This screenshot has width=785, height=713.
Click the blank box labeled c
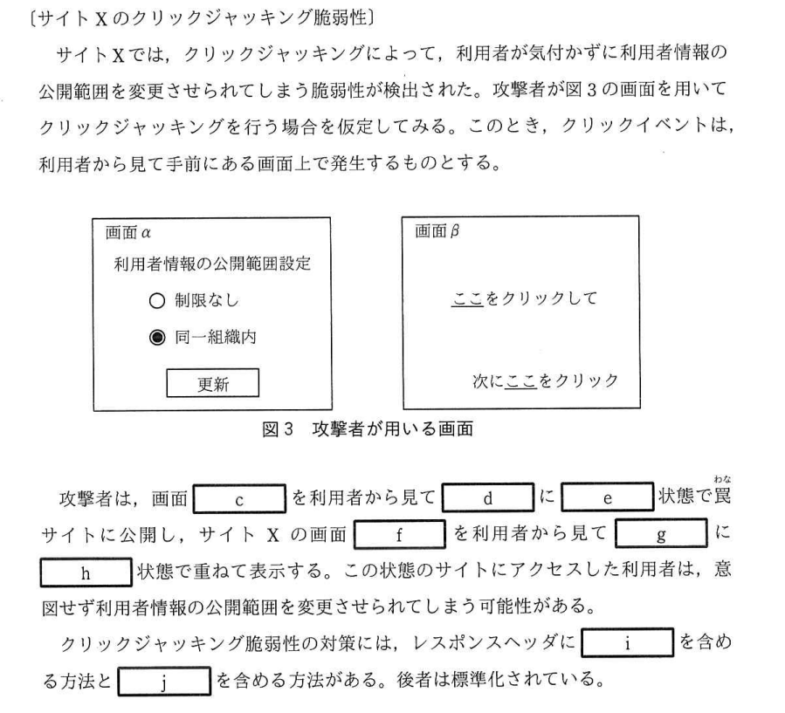pyautogui.click(x=239, y=498)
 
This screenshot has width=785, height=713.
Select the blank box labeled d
pyautogui.click(x=487, y=497)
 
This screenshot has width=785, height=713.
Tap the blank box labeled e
pyautogui.click(x=607, y=497)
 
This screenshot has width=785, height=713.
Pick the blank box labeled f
pyautogui.click(x=400, y=534)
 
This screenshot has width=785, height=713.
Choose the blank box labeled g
pyautogui.click(x=661, y=533)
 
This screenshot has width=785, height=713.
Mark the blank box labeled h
pyautogui.click(x=86, y=572)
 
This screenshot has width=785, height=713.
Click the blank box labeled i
pyautogui.click(x=627, y=642)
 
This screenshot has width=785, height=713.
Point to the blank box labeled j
pyautogui.click(x=164, y=681)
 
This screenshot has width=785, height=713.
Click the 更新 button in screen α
pyautogui.click(x=213, y=383)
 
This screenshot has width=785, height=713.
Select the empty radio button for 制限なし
pyautogui.click(x=157, y=301)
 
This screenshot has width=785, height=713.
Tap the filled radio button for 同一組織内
pyautogui.click(x=157, y=338)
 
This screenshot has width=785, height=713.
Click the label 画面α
pyautogui.click(x=128, y=233)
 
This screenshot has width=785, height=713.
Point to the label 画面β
pyautogui.click(x=437, y=231)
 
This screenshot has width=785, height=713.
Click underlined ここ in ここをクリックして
pyautogui.click(x=468, y=299)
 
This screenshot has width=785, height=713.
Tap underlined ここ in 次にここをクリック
pyautogui.click(x=521, y=381)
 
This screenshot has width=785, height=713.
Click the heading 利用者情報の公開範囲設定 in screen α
pyautogui.click(x=212, y=264)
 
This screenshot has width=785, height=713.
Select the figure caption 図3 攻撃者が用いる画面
pyautogui.click(x=368, y=429)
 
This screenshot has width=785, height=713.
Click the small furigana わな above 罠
pyautogui.click(x=722, y=479)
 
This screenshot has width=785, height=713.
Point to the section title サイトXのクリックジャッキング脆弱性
pyautogui.click(x=203, y=18)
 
